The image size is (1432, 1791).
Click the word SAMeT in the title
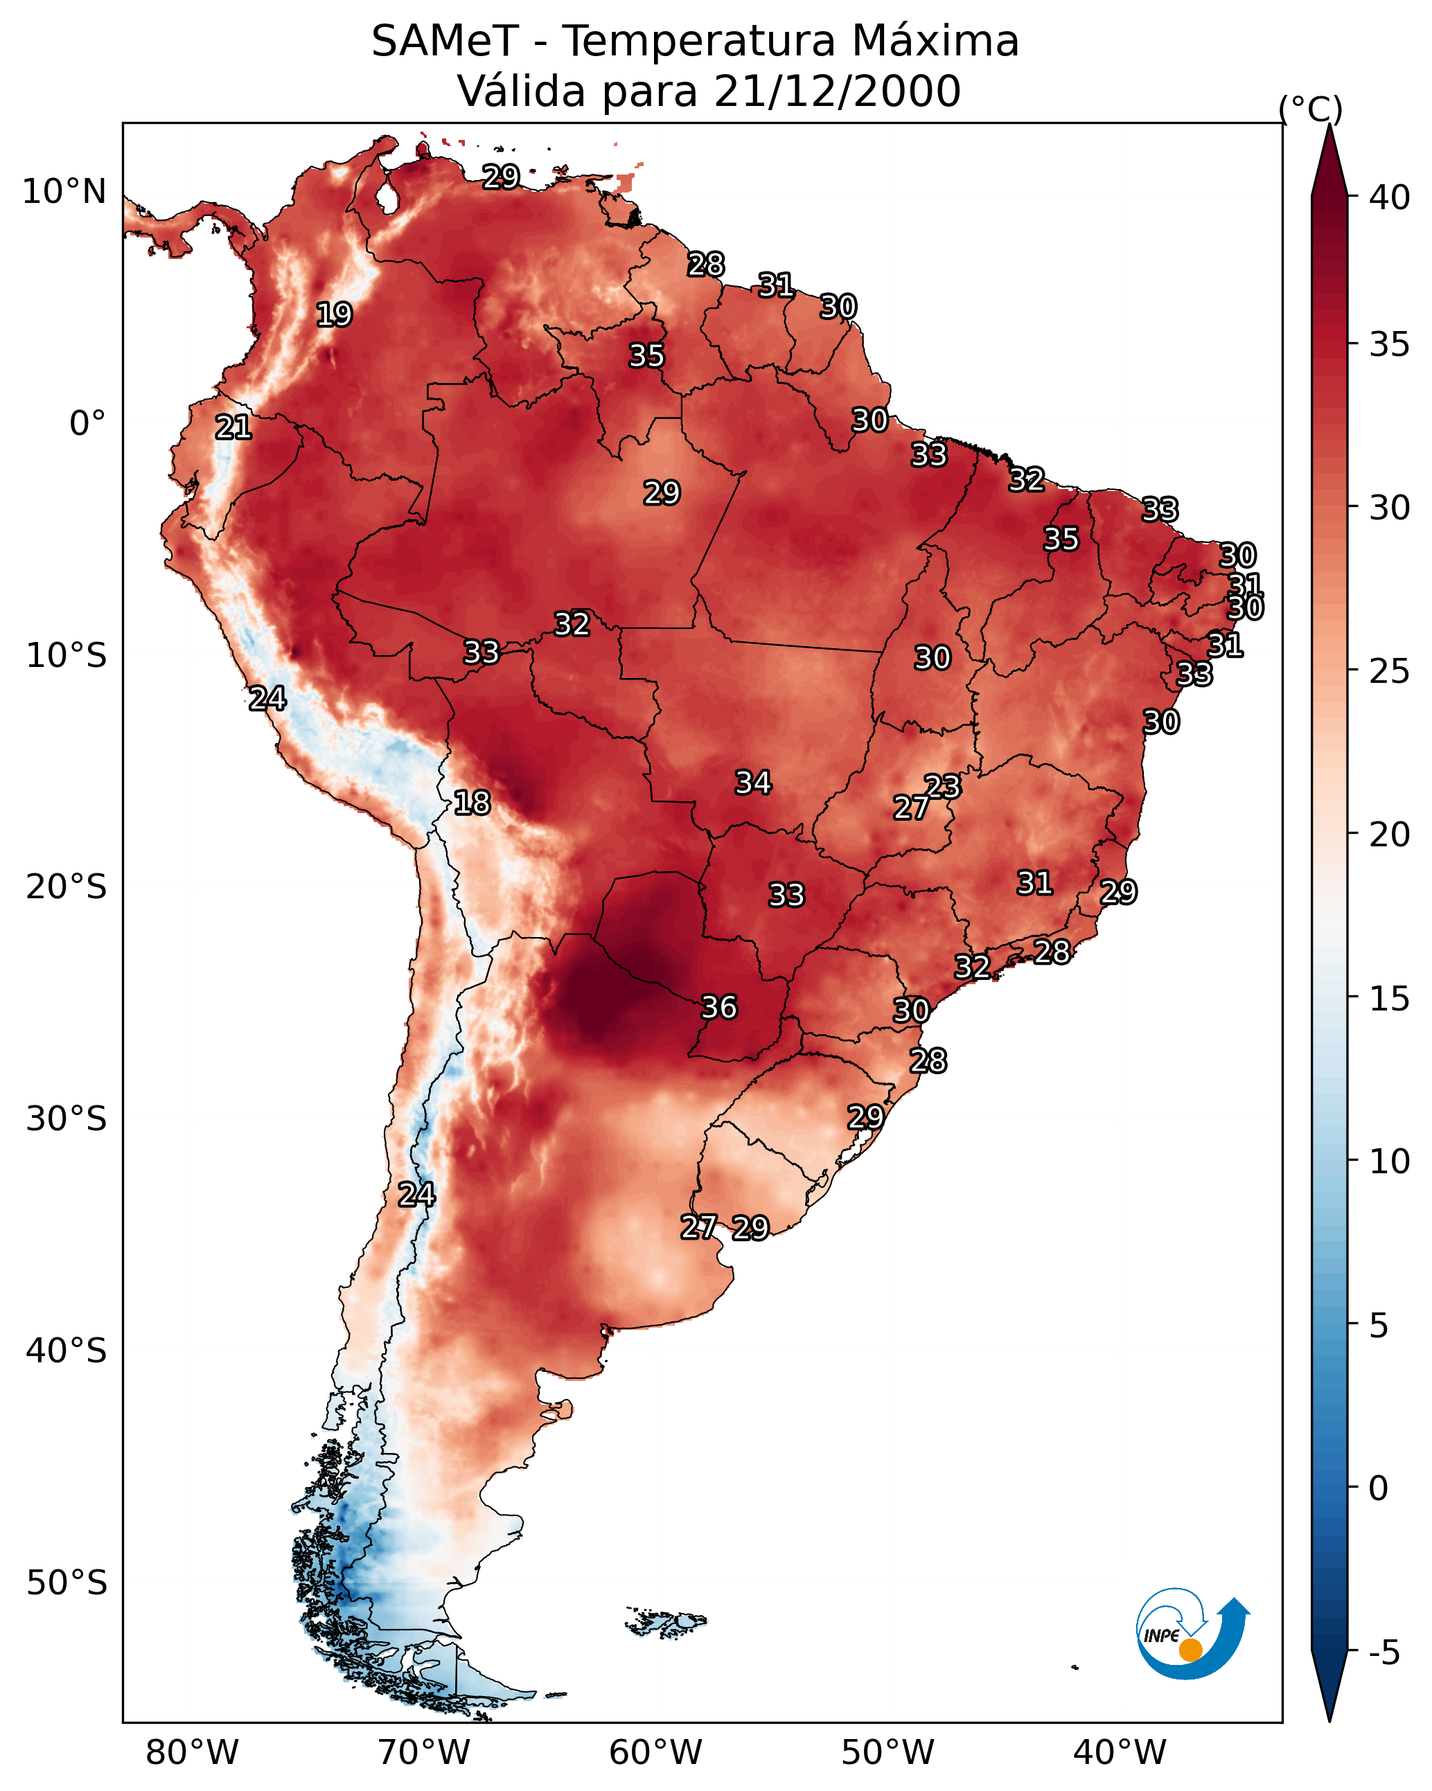coord(445,42)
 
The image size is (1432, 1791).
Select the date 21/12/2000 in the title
coord(837,91)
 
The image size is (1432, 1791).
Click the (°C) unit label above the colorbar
coord(1310,109)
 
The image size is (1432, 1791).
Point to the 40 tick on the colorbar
coord(1390,197)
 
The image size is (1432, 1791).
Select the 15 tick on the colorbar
coord(1390,999)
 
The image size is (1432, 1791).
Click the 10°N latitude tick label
coord(64,192)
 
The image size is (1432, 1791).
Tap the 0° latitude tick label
coord(87,424)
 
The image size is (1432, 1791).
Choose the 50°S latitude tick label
coord(67,1583)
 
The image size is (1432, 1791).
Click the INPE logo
coord(1192,1633)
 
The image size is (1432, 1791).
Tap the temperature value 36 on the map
coord(719,1008)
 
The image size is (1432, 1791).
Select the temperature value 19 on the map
coord(334,315)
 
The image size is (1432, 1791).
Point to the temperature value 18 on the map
coord(472,803)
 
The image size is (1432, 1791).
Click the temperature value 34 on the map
coord(753,783)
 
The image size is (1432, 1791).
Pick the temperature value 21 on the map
coord(233,428)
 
